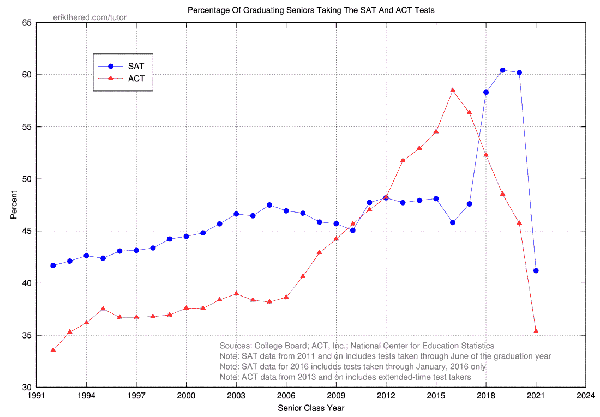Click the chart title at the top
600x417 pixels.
[311, 10]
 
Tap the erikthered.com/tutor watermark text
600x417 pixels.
[89, 17]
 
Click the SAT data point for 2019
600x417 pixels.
[502, 70]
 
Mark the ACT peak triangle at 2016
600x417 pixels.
[453, 90]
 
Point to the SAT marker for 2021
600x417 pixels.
[536, 270]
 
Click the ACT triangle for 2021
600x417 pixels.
[536, 331]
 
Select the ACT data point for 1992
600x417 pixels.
[53, 349]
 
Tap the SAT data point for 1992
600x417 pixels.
[53, 265]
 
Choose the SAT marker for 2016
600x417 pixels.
[453, 222]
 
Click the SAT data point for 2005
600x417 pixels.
[269, 205]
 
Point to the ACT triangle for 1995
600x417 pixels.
[103, 309]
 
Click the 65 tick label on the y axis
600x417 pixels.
[26, 23]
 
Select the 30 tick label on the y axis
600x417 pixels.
[26, 388]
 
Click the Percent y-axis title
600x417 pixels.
[14, 205]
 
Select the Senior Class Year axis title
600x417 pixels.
[311, 408]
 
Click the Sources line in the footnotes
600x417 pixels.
[357, 346]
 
